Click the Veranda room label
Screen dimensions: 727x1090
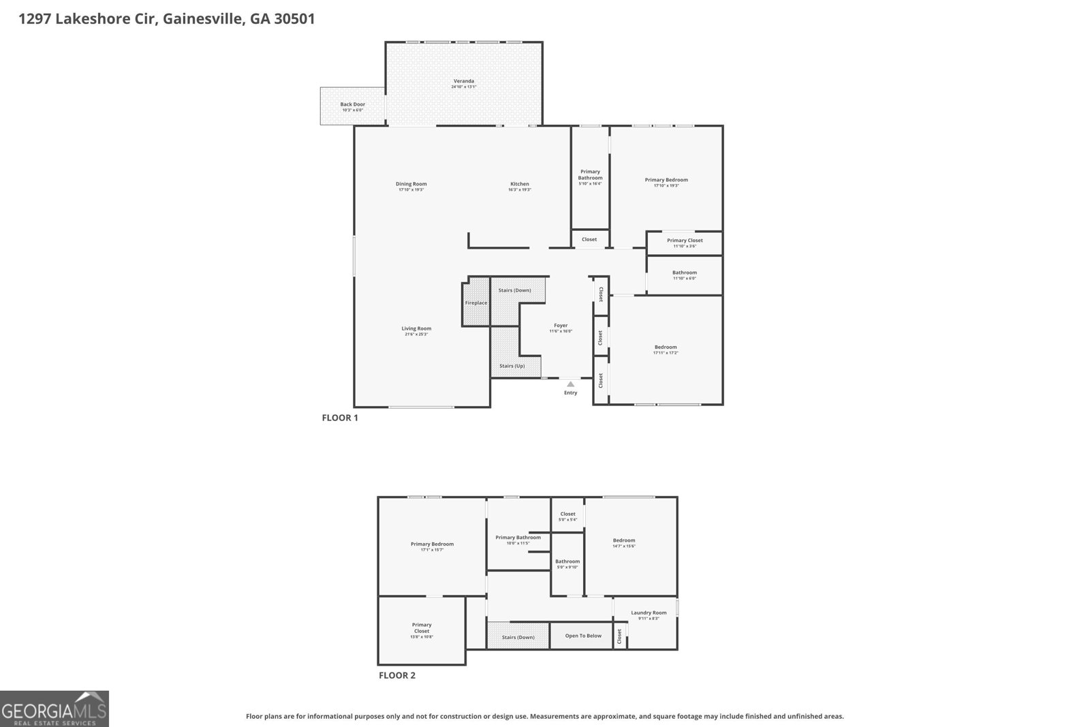click(x=463, y=81)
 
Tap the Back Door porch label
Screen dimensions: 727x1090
click(x=352, y=105)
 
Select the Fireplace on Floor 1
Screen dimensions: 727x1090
click(x=476, y=303)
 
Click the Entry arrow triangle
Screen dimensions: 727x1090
click(x=570, y=384)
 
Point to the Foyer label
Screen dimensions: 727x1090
click(x=560, y=326)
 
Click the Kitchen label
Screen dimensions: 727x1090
click(x=519, y=184)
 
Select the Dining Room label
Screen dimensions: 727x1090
click(x=411, y=184)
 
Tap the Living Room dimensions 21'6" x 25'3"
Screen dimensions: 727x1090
click(x=416, y=335)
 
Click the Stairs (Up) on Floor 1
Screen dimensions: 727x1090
click(x=512, y=366)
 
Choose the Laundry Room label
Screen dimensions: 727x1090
click(x=648, y=613)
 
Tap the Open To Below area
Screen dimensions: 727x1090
click(x=583, y=636)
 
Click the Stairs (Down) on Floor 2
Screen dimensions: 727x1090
click(x=518, y=637)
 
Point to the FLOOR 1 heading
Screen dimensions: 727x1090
click(x=339, y=418)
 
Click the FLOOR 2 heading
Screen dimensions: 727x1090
click(x=396, y=675)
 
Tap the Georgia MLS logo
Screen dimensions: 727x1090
click(x=54, y=709)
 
